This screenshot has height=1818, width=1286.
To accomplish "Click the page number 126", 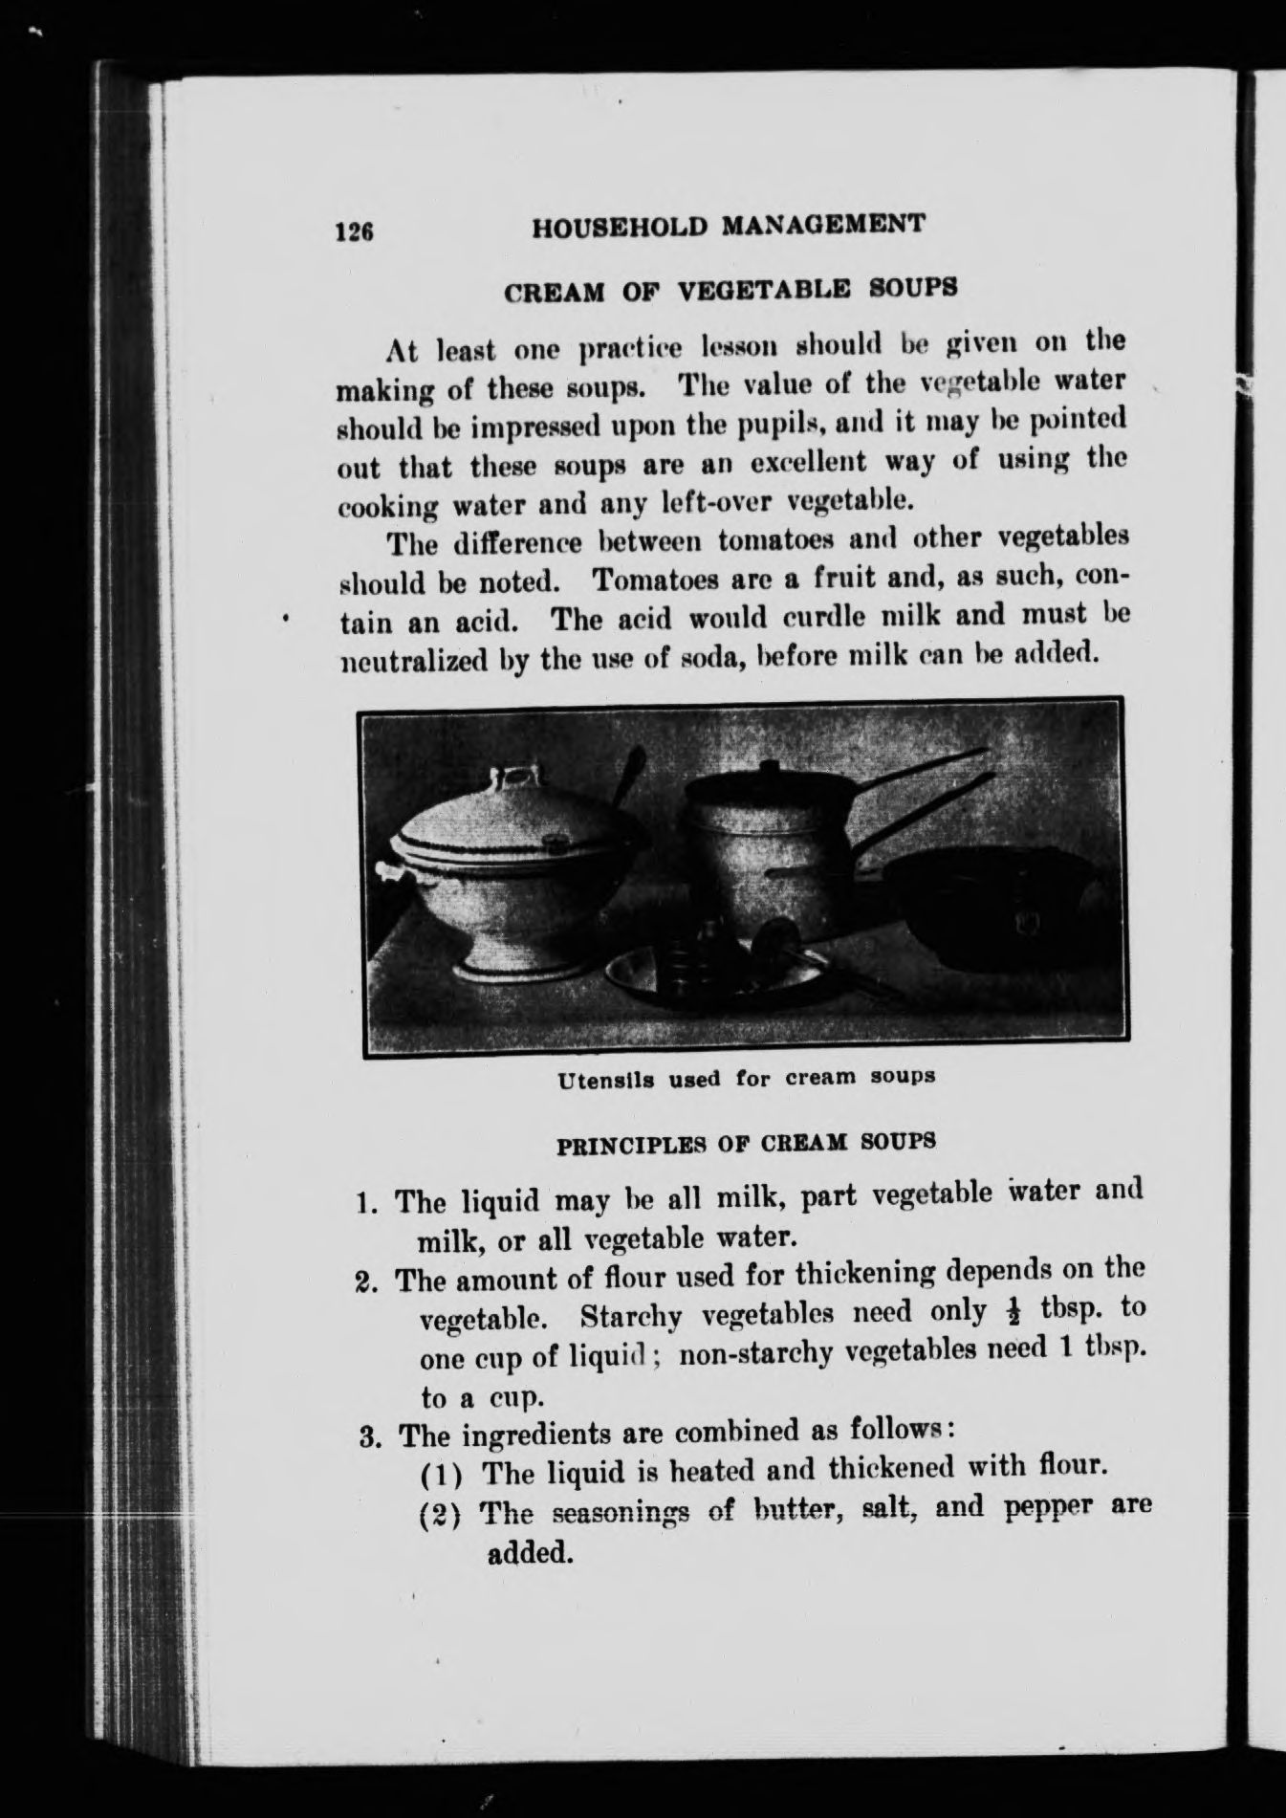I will click(x=353, y=231).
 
